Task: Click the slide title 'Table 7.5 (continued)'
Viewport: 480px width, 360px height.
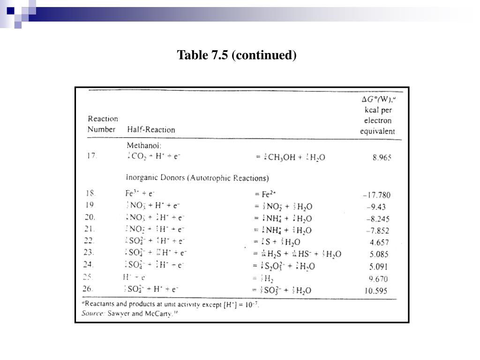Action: coord(237,55)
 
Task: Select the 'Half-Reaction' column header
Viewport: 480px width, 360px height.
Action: coord(151,129)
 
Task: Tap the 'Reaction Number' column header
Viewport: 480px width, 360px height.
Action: coord(102,124)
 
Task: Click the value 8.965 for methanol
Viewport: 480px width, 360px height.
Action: coord(382,158)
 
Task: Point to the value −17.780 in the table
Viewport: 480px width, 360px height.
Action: coord(376,195)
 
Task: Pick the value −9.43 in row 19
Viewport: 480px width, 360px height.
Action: coord(378,207)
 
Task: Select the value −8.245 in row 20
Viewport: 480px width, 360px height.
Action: coord(378,219)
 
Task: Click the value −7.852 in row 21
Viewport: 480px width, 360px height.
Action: coord(378,231)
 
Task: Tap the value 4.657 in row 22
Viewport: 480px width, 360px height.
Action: coord(379,242)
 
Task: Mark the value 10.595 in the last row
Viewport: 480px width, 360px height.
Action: coord(376,291)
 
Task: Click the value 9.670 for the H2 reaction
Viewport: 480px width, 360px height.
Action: coord(379,279)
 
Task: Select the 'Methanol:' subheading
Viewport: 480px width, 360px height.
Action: coord(144,146)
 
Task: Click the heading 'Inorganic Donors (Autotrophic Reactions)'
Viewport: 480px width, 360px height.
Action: coord(197,178)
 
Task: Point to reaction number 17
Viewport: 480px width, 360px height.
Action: coord(91,157)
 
